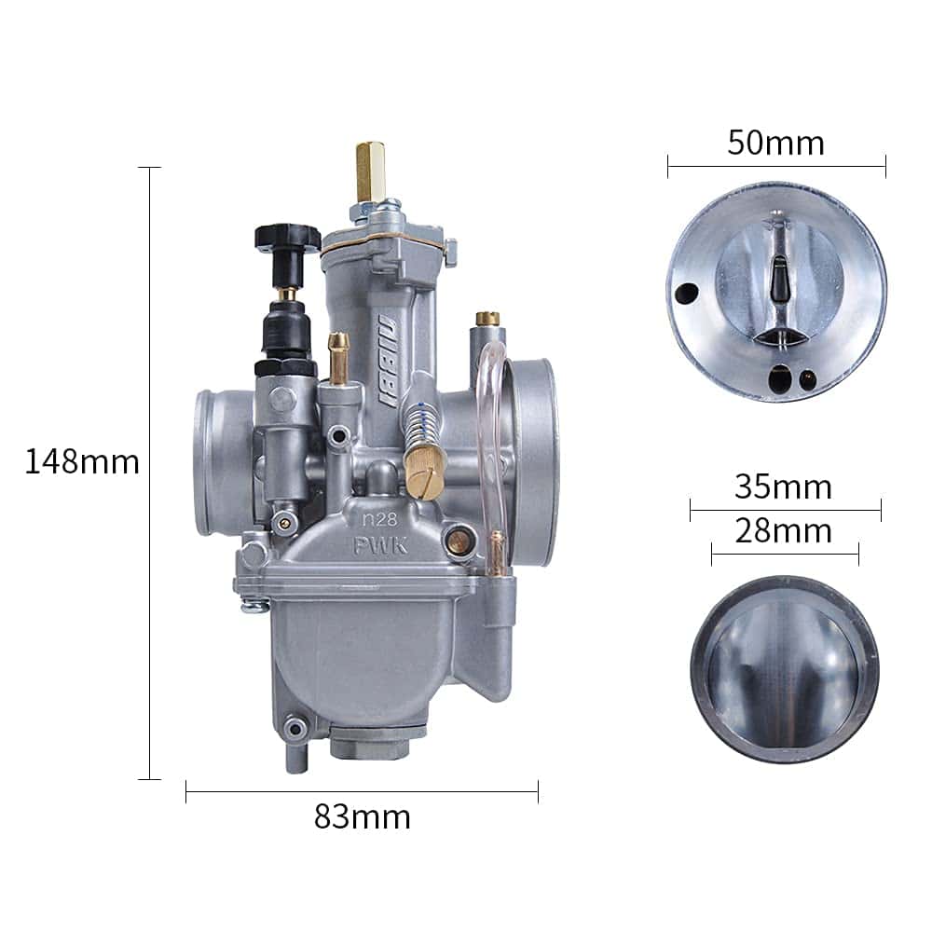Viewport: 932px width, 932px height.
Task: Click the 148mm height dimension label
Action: point(82,462)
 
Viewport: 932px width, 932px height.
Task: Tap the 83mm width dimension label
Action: point(362,816)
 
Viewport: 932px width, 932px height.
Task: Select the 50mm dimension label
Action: point(775,143)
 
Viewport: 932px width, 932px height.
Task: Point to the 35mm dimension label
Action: point(783,487)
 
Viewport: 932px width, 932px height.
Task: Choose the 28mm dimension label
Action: point(783,531)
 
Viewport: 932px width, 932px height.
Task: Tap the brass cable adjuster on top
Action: point(370,171)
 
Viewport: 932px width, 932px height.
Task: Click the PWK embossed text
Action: point(380,545)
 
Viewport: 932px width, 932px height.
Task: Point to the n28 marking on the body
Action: point(379,519)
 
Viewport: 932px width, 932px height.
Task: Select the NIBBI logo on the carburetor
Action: point(388,362)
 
